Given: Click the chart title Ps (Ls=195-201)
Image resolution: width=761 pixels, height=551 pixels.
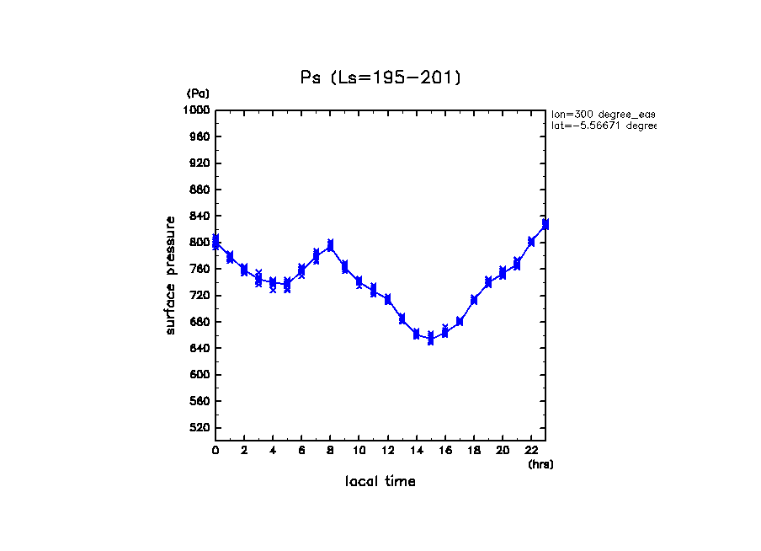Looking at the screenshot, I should point(380,78).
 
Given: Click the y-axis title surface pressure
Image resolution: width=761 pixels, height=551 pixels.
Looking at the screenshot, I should point(171,275).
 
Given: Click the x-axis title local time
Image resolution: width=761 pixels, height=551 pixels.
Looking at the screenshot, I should point(380,482).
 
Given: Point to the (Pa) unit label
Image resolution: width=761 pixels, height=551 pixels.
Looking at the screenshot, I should point(198,94).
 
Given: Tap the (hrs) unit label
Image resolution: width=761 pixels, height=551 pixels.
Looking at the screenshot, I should point(540,464).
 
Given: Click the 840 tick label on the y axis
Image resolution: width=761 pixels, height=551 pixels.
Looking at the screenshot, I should point(200,216).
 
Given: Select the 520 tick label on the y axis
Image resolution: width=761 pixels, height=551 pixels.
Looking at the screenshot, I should point(200,428).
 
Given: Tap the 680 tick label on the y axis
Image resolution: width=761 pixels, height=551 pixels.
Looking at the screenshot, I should point(200,322).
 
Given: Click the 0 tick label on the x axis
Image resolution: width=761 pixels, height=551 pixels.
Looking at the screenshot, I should point(216,451).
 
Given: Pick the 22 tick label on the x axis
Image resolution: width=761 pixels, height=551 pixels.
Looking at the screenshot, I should point(531,451).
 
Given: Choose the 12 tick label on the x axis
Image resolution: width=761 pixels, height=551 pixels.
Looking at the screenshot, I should point(387,451).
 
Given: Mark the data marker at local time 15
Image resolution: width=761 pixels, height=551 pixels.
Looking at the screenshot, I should point(430,339).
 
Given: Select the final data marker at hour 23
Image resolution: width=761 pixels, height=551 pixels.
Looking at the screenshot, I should point(545,224).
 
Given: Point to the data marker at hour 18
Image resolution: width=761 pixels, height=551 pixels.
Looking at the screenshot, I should point(474,299).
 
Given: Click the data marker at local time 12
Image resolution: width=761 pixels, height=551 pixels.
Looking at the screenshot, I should point(387,299).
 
